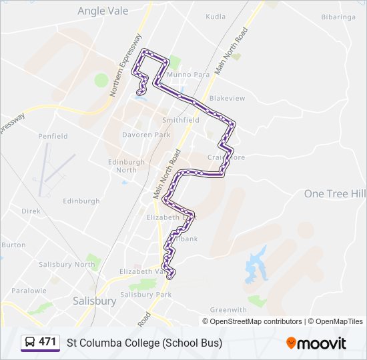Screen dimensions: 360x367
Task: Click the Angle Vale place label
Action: [103, 10]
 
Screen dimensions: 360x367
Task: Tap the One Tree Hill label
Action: [334, 193]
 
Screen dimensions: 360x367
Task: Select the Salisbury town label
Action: [94, 301]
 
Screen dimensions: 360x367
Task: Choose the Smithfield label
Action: [181, 120]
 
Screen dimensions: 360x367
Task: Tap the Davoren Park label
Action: [146, 135]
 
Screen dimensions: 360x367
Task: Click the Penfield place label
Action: [53, 136]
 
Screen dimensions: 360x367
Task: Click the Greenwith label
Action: [228, 310]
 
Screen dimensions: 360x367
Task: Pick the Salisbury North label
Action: [67, 265]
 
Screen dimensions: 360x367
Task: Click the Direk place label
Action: [31, 211]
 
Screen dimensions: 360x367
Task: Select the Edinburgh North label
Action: [126, 165]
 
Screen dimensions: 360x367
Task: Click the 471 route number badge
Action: [47, 342]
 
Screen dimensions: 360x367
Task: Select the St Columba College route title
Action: [144, 343]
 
